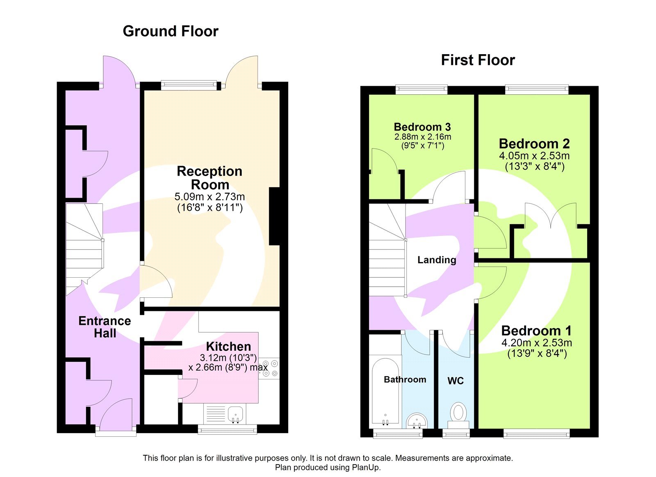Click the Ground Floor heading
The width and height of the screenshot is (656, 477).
(x=171, y=31)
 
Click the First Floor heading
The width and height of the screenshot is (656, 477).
(x=478, y=60)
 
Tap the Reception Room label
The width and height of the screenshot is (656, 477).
(x=210, y=178)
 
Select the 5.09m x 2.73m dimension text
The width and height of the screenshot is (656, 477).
(x=210, y=196)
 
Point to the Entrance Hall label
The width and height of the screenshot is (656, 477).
(x=105, y=327)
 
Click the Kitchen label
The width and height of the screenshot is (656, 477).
(x=228, y=347)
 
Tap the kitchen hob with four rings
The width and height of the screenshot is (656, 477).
(x=269, y=368)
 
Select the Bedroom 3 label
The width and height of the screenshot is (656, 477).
(x=422, y=127)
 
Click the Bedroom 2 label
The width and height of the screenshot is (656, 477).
(x=535, y=144)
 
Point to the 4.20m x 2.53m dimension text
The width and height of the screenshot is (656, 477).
(x=537, y=342)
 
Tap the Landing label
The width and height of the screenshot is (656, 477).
(x=437, y=260)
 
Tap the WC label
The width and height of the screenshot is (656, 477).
(x=456, y=381)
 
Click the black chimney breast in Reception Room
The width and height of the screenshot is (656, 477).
(x=274, y=216)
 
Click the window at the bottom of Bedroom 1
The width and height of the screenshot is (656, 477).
(x=537, y=434)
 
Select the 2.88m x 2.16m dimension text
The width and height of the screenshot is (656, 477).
(x=423, y=137)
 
